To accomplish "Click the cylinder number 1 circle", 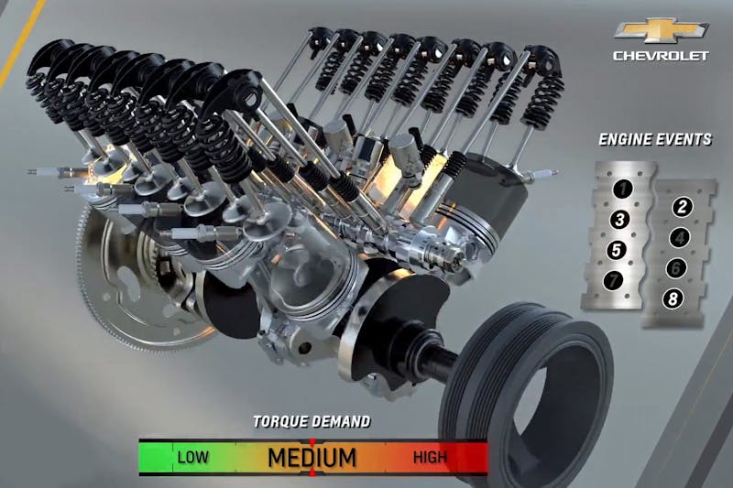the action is tap(622, 190).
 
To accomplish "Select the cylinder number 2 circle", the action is tap(682, 207).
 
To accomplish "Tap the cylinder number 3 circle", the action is tap(620, 220).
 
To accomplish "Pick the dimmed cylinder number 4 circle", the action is tap(679, 238).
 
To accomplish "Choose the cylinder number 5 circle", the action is tap(617, 250).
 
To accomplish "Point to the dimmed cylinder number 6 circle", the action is tap(676, 268).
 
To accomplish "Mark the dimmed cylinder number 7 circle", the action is tap(613, 280).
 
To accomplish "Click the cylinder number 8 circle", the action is tap(673, 298).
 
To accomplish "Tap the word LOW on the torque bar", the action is tap(193, 457).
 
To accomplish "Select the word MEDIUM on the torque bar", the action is tap(312, 457).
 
